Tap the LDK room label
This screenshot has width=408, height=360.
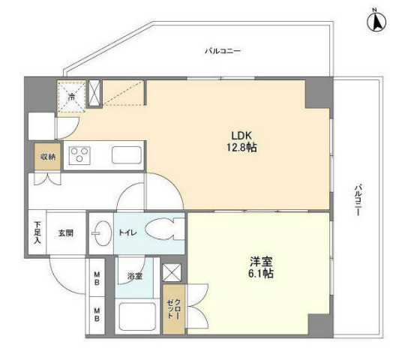click(241, 136)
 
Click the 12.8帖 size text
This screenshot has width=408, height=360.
click(241, 148)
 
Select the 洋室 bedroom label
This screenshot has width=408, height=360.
click(261, 262)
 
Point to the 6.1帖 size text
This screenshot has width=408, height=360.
click(261, 274)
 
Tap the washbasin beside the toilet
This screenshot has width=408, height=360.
click(101, 233)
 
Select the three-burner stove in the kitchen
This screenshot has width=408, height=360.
click(79, 155)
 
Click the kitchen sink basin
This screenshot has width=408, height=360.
click(127, 155)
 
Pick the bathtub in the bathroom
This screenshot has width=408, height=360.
click(137, 316)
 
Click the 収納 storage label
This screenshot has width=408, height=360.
click(48, 157)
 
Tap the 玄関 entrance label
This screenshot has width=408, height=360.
click(65, 233)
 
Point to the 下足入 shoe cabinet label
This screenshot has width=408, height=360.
click(37, 232)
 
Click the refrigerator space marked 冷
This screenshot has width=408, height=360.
click(71, 97)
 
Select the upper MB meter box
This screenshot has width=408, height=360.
click(97, 277)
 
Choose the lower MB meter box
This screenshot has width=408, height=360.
click(97, 315)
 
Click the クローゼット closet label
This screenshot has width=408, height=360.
click(174, 309)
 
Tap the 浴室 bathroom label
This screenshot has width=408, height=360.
click(135, 276)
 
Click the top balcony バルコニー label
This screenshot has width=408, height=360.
click(223, 51)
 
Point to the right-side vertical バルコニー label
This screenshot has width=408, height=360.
click(358, 200)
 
